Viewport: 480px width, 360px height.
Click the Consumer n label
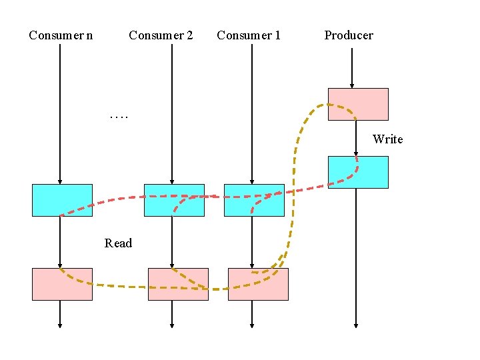[61, 35]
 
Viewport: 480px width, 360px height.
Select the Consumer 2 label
[161, 35]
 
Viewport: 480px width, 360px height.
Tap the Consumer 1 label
[249, 35]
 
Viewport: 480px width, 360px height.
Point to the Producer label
[349, 35]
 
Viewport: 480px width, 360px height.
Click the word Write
[387, 139]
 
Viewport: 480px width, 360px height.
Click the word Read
[118, 243]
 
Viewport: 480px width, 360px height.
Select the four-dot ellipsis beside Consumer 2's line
[120, 117]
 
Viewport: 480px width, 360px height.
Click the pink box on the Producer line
[358, 104]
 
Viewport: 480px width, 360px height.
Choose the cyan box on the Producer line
[358, 172]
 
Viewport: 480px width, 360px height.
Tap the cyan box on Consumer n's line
[62, 200]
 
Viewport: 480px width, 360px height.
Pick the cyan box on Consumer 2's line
[174, 200]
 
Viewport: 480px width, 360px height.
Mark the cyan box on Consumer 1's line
[254, 200]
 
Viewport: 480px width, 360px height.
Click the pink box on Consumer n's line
[62, 284]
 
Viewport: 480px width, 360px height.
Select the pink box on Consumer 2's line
[178, 284]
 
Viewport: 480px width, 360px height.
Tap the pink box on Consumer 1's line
[258, 284]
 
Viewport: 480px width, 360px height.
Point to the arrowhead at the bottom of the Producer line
[355, 325]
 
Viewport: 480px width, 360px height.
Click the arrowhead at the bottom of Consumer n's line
[60, 325]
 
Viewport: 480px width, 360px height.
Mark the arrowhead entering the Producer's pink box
[352, 85]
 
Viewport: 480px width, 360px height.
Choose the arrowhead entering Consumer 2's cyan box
[172, 181]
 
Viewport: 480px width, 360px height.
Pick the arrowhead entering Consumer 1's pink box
[252, 265]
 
